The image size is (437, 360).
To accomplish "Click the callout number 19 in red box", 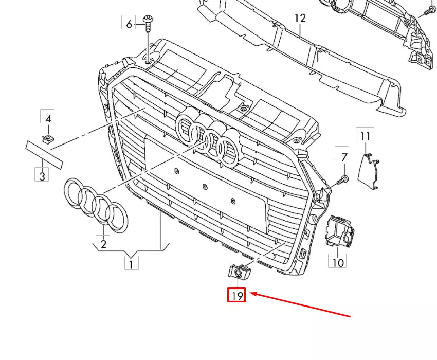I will (x=237, y=296).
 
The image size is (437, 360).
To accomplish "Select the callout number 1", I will (x=131, y=264).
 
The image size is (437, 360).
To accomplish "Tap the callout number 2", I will (x=103, y=243).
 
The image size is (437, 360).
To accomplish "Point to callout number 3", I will (x=42, y=175).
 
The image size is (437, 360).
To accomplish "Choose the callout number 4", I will (x=48, y=119).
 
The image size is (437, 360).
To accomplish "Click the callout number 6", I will (x=129, y=23).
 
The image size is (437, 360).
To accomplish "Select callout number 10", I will (x=337, y=261).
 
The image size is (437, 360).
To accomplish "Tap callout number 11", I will (x=366, y=135).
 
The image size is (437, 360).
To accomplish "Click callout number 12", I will (x=300, y=17).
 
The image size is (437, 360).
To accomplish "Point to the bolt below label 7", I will (x=343, y=179).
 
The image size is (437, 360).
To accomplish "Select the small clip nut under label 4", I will (x=48, y=137).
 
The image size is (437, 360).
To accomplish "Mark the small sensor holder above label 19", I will (x=238, y=272).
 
